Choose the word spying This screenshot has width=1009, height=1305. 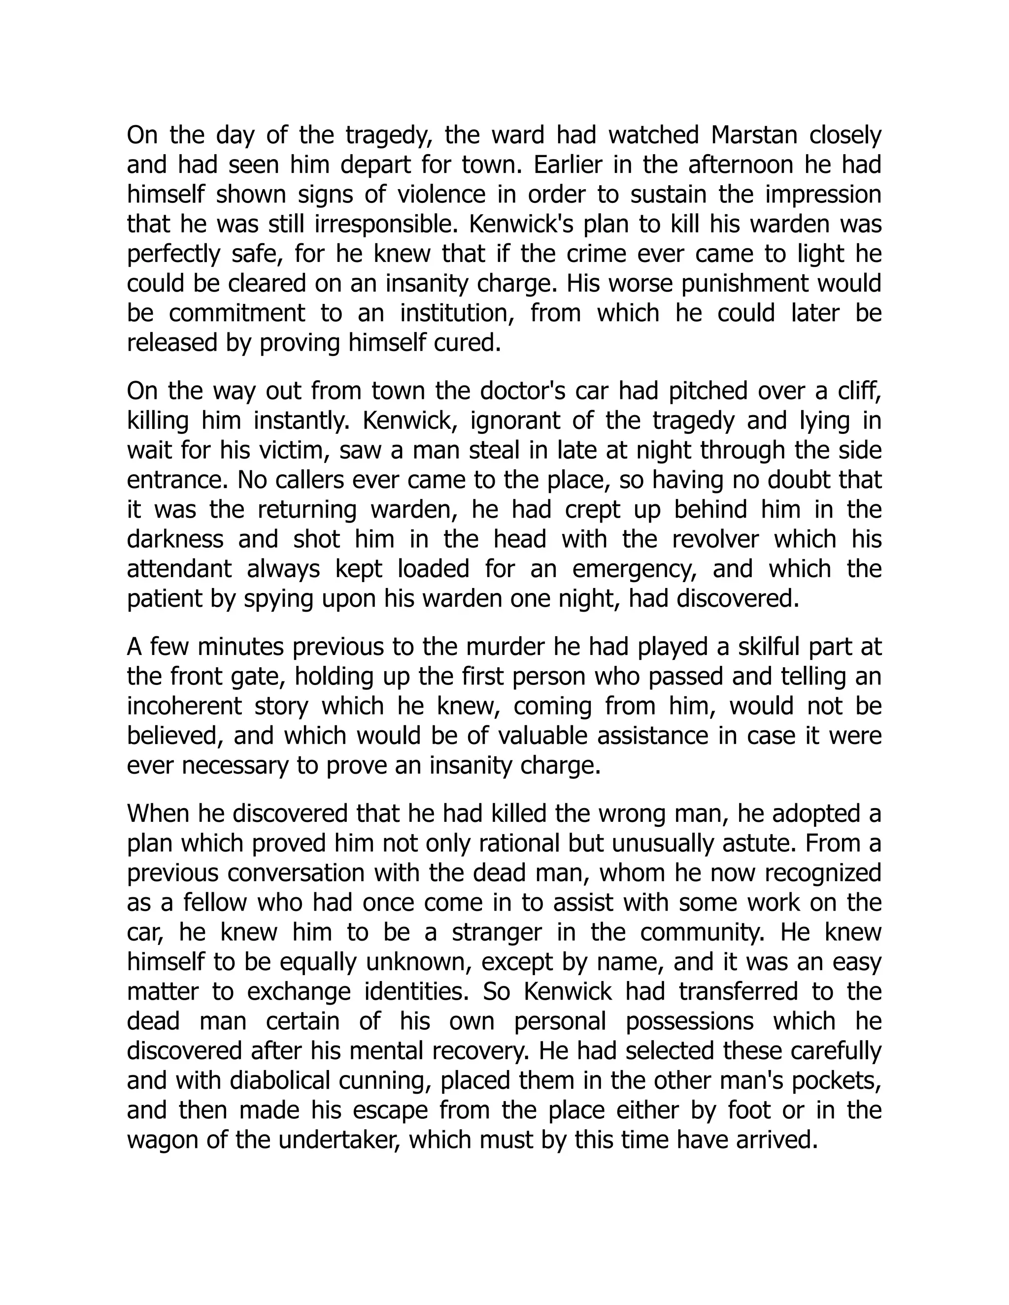[278, 599]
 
